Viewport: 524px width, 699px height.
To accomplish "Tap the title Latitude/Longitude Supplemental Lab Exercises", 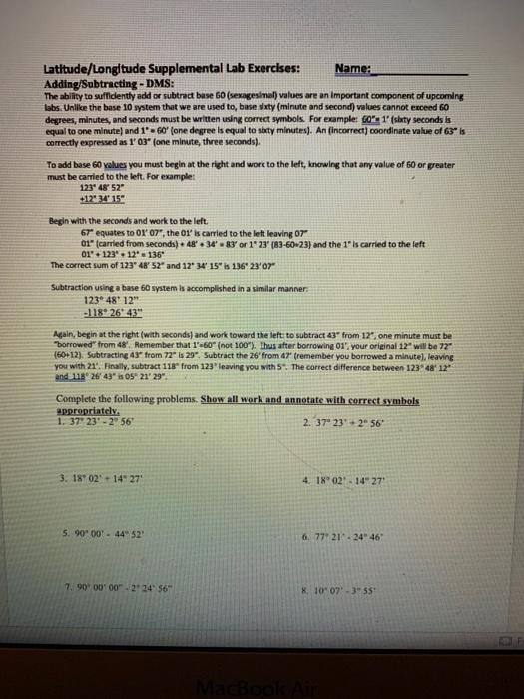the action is click(x=172, y=69).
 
